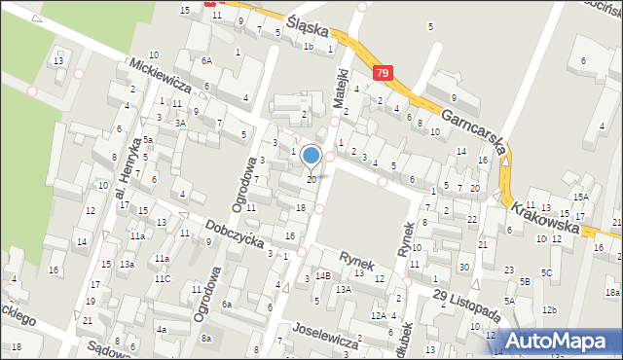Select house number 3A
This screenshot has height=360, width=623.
point(180,124)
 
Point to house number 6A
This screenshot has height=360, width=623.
point(206,60)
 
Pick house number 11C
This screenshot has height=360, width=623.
point(162,279)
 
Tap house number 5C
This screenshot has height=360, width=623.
point(547,272)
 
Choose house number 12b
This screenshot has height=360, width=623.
point(550,309)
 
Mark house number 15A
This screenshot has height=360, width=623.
point(580,197)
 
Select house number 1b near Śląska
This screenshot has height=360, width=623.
point(308,46)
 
